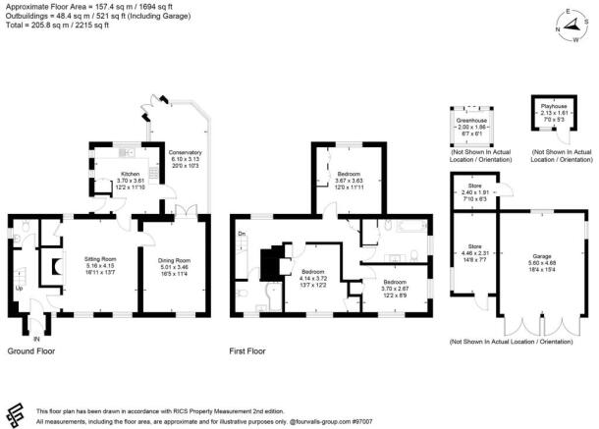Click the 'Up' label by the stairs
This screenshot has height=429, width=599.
pyautogui.click(x=17, y=289)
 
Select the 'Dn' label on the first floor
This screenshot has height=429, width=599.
pyautogui.click(x=241, y=234)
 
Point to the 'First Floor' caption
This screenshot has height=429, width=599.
pyautogui.click(x=251, y=350)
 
